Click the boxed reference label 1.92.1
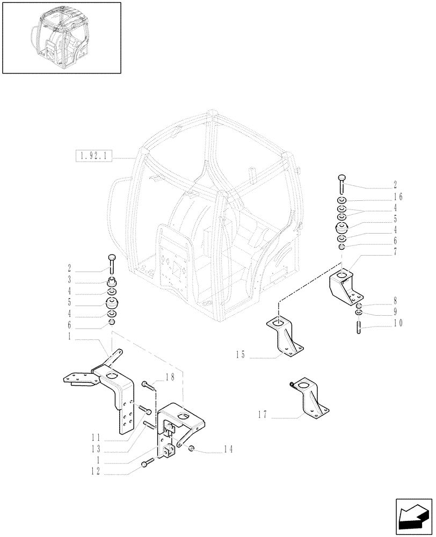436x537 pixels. (x=95, y=157)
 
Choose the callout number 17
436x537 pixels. (x=263, y=415)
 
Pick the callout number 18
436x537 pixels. (x=170, y=378)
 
